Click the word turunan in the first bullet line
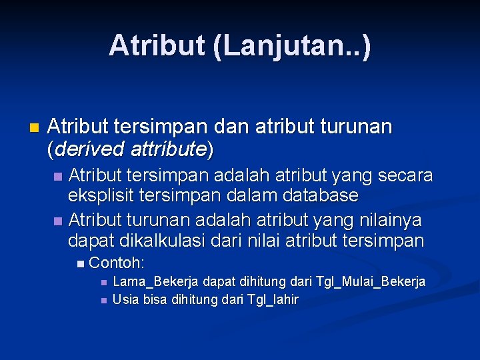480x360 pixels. [359, 127]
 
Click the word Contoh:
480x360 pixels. [117, 262]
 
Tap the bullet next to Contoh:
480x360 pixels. [81, 263]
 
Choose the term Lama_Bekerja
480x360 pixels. [153, 282]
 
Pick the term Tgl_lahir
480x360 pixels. [273, 299]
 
